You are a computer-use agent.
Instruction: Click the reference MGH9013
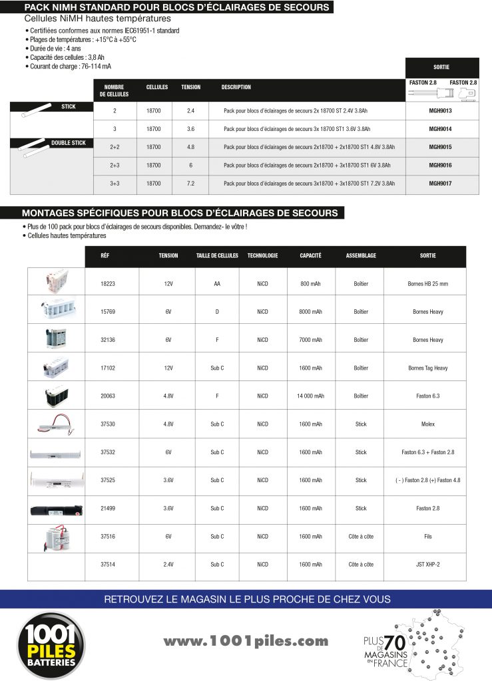tap(442, 110)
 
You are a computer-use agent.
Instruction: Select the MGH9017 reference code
tap(442, 183)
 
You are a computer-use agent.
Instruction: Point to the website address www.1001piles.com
tap(246, 641)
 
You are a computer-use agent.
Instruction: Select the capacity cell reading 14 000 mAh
tap(310, 396)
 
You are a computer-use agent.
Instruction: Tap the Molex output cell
tap(427, 424)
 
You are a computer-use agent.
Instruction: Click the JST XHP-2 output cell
tap(427, 564)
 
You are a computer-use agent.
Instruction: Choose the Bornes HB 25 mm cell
tap(427, 284)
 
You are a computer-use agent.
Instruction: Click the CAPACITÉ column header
tap(310, 255)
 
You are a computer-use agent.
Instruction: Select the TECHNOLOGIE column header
tap(262, 255)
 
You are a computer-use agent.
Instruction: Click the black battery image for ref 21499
tap(56, 509)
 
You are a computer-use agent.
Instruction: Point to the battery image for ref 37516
tap(56, 536)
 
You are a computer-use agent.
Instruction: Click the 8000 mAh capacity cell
tap(310, 312)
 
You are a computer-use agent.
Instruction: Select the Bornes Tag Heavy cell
tap(427, 368)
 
